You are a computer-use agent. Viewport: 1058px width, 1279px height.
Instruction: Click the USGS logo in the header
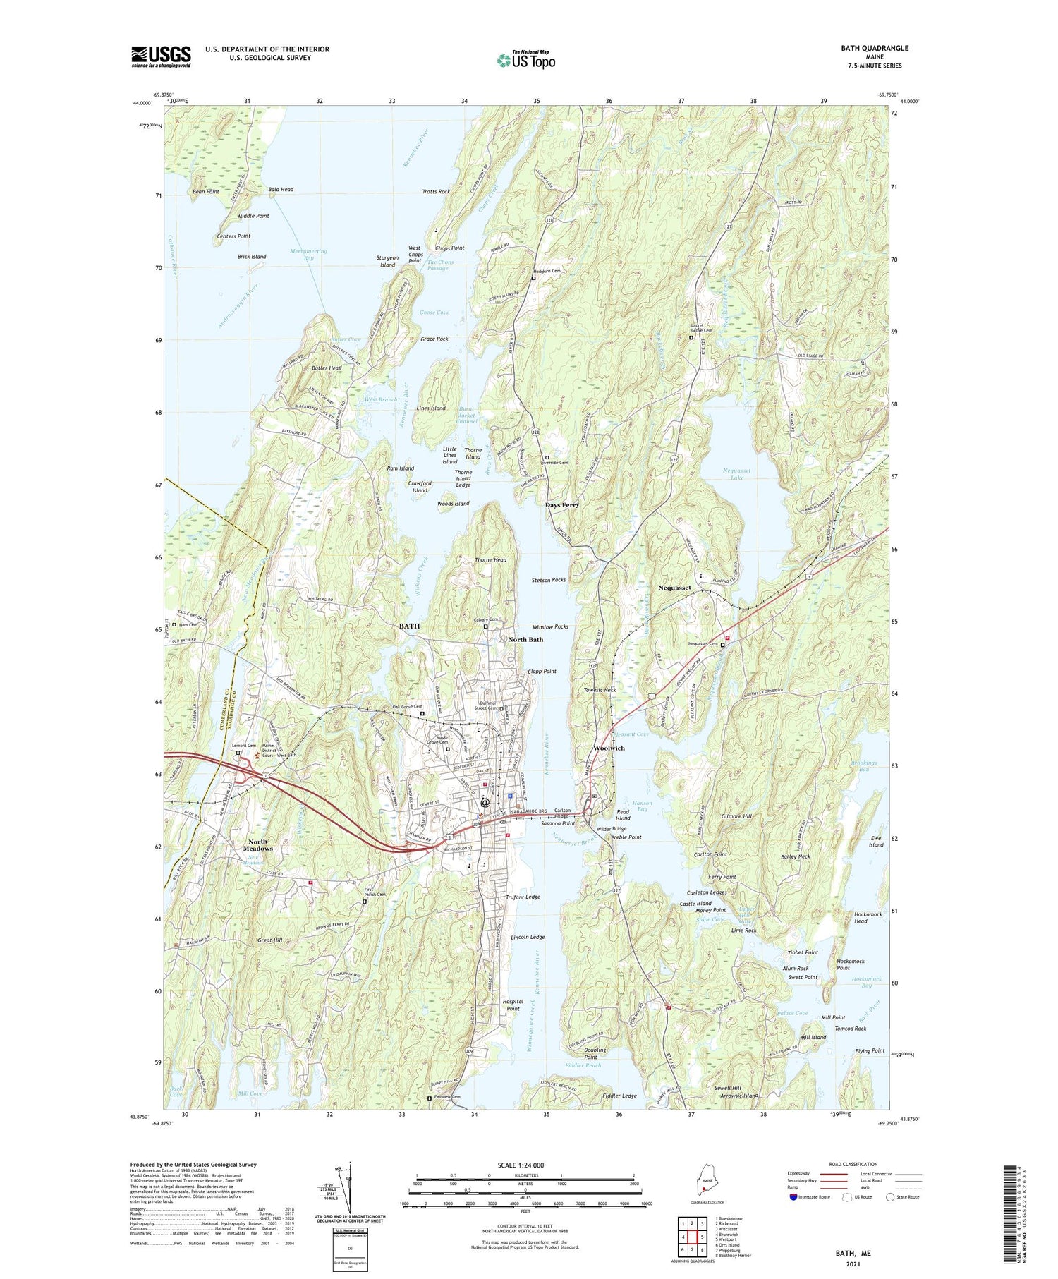click(161, 56)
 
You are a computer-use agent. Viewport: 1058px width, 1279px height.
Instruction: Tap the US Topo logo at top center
click(525, 60)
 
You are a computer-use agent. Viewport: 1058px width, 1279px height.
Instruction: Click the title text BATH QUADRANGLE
click(874, 48)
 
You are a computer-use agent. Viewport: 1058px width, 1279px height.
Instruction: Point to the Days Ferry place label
click(562, 505)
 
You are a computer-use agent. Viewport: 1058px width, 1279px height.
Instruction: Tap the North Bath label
click(525, 639)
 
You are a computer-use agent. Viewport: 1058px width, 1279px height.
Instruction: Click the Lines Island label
click(431, 408)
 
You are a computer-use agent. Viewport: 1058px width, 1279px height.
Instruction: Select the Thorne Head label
click(490, 560)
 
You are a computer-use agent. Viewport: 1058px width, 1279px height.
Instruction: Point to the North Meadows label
click(257, 844)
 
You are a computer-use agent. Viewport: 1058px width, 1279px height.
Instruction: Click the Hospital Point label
click(513, 1005)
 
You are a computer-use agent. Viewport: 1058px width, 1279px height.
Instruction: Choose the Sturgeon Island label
click(387, 261)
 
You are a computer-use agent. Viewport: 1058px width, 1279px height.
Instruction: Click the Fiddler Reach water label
click(583, 1065)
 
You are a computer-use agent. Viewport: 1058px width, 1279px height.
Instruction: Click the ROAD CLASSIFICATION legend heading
click(853, 1164)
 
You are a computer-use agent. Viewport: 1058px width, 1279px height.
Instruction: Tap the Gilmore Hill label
click(737, 816)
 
